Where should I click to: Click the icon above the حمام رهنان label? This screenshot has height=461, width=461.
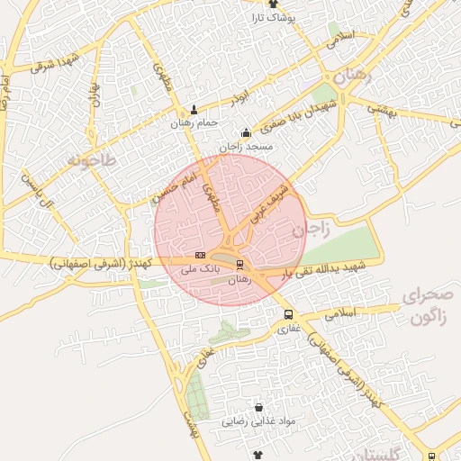(194, 111)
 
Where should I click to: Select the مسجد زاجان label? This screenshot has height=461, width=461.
(246, 146)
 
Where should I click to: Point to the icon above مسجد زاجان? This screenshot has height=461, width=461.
(246, 133)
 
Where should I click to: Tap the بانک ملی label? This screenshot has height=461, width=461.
(200, 268)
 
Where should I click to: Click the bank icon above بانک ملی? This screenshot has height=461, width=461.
(200, 256)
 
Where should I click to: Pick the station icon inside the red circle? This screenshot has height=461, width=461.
(240, 265)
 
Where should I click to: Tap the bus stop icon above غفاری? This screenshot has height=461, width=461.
(287, 315)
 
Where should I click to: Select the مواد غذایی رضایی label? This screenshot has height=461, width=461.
(259, 420)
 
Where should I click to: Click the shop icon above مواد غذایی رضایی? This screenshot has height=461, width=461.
(259, 408)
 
